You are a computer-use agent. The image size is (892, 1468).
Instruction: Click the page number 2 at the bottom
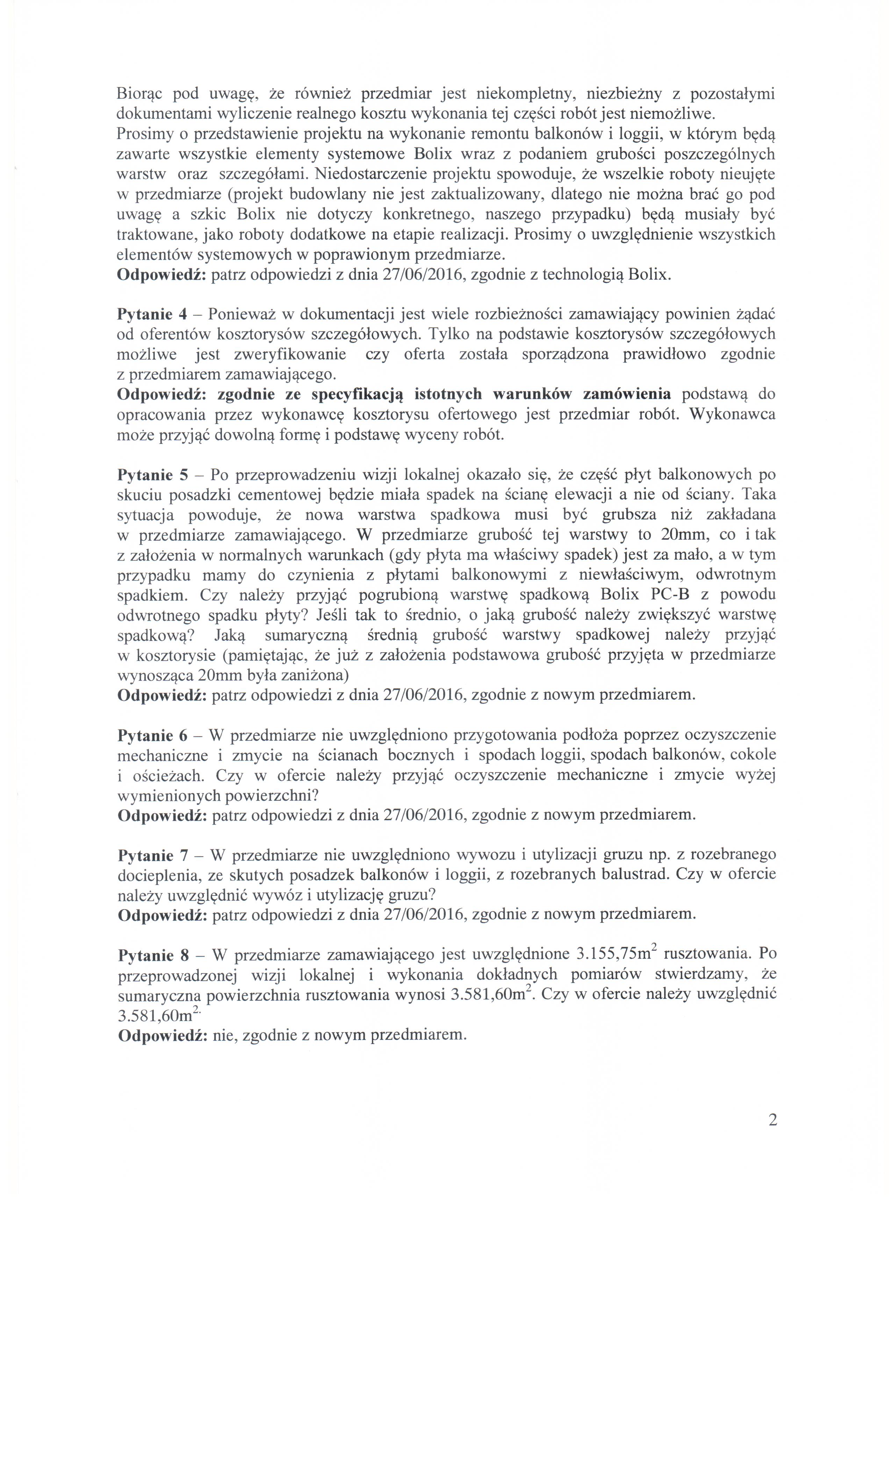click(x=773, y=1120)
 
